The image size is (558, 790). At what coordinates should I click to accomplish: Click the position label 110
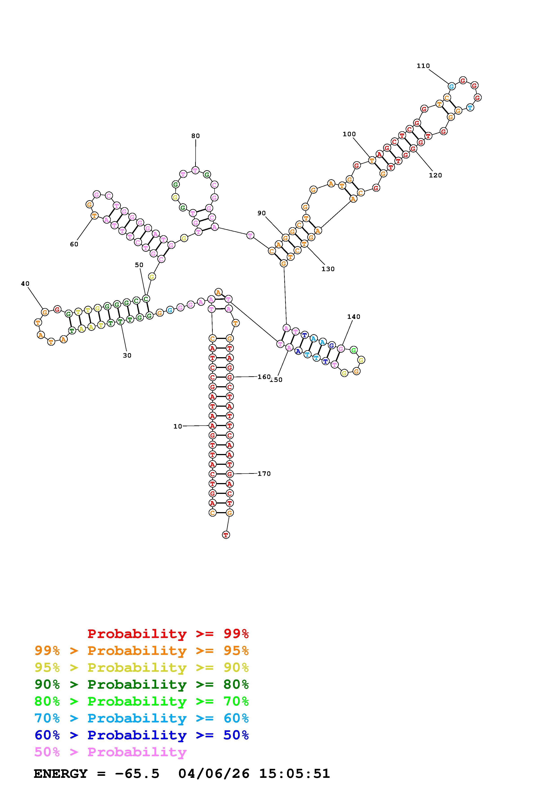423,66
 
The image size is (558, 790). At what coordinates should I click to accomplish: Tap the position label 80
195,136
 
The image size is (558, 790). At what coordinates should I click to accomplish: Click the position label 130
328,269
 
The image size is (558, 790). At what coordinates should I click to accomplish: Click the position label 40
25,284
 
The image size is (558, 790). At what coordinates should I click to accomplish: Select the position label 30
127,355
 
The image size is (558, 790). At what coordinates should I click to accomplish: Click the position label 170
264,474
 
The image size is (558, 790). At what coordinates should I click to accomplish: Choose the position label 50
139,265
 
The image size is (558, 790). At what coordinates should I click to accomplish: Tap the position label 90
261,213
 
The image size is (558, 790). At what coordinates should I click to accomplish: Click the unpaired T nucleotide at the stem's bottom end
226,535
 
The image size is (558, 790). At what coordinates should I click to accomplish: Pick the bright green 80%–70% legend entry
141,701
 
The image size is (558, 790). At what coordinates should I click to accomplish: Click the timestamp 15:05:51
294,774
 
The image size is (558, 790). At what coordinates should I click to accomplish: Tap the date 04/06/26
214,774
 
